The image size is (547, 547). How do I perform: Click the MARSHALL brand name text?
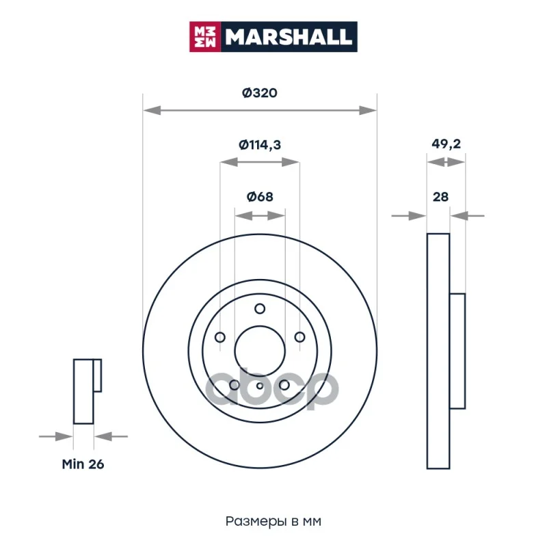click(x=288, y=37)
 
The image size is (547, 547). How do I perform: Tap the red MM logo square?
click(x=205, y=37)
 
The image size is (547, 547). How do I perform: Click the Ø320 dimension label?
click(x=260, y=93)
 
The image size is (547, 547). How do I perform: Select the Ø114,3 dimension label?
click(x=260, y=144)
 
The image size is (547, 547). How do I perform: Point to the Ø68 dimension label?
click(x=260, y=197)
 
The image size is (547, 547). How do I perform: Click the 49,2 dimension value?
click(x=446, y=144)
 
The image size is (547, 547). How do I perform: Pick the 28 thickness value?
click(x=440, y=197)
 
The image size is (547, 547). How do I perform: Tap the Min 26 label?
click(x=83, y=464)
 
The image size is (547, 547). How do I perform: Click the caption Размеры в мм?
click(x=273, y=521)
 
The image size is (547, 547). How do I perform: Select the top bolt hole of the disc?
click(x=260, y=309)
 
